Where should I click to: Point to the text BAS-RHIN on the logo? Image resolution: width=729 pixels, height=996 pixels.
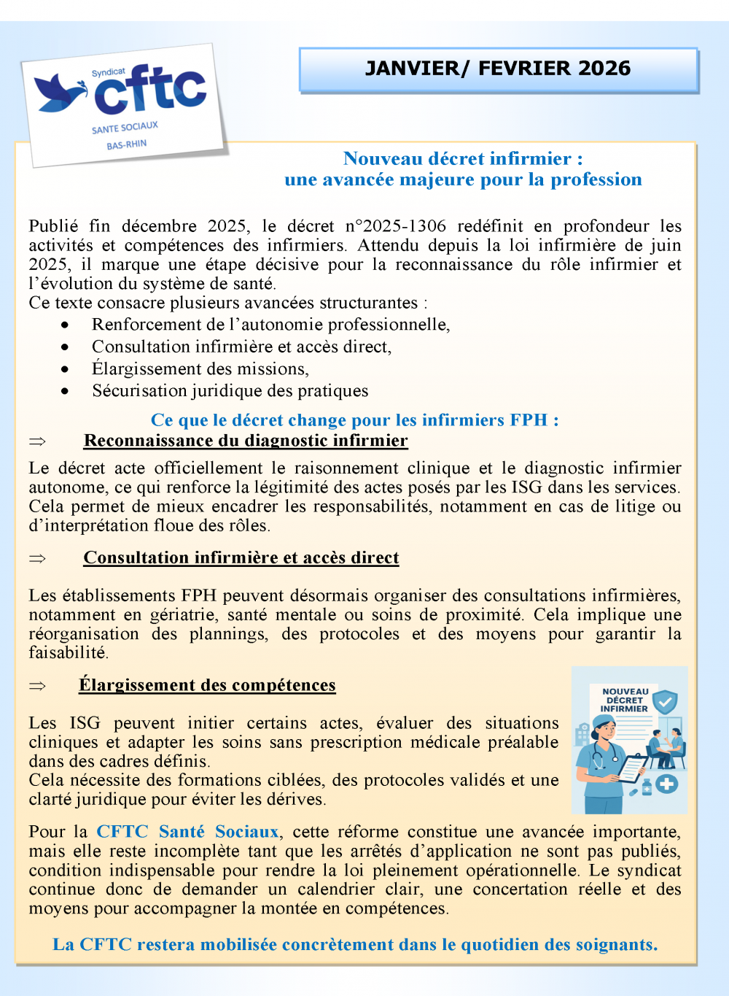pos(127,144)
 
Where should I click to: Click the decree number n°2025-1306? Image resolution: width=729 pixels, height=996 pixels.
pos(396,226)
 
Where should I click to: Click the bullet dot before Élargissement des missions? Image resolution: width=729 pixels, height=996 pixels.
pos(66,369)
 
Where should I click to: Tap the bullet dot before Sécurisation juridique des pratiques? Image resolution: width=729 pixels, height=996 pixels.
pos(66,391)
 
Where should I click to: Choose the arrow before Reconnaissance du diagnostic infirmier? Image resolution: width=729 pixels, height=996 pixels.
pos(37,441)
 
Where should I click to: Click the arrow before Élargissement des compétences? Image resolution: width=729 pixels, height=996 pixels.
pos(37,686)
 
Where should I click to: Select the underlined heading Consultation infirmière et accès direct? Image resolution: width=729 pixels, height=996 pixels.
pos(241,558)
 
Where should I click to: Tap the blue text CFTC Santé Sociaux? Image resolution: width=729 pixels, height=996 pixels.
pos(187,832)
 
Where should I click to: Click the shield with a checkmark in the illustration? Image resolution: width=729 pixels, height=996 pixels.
pos(664,703)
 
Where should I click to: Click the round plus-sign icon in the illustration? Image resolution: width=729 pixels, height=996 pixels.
pos(666,784)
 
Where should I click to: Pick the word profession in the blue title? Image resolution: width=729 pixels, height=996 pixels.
pos(596,179)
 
